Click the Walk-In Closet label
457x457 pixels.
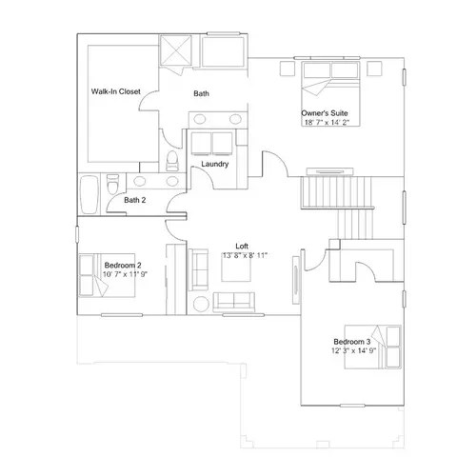[x=116, y=91]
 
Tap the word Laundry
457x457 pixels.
[x=215, y=164]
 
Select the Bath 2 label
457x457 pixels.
[x=135, y=200]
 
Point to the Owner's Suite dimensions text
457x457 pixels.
[x=327, y=122]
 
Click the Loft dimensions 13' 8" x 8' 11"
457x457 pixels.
[x=245, y=255]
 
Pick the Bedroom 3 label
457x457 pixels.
[x=352, y=342]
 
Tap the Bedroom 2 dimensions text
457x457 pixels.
[x=125, y=274]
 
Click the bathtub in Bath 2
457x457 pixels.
[x=89, y=194]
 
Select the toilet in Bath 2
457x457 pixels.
[x=112, y=184]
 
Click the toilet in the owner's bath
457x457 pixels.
[x=172, y=161]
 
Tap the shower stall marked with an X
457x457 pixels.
[x=176, y=50]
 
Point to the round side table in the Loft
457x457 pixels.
[x=201, y=304]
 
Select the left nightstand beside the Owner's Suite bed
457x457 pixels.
[x=288, y=69]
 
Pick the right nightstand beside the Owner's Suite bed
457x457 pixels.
[x=374, y=69]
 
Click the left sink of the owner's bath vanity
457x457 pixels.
[x=199, y=119]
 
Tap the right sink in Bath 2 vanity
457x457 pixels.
[x=172, y=181]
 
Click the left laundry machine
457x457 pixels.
[x=201, y=144]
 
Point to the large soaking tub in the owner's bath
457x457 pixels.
[x=223, y=52]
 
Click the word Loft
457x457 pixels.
[x=242, y=246]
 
